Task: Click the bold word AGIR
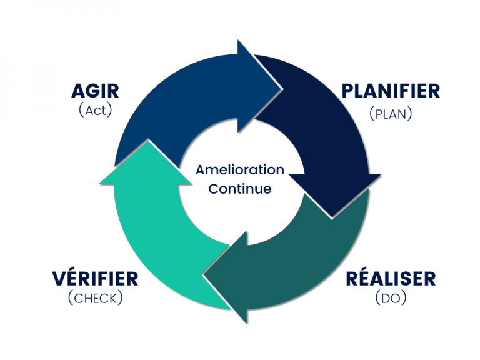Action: click(95, 91)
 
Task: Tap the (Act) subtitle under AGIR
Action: click(96, 110)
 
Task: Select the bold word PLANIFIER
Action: click(391, 91)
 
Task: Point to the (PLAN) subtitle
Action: click(391, 114)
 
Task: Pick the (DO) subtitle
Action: click(391, 298)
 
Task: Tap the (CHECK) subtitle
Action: click(95, 298)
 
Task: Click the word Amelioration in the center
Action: click(240, 169)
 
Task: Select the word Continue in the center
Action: click(240, 189)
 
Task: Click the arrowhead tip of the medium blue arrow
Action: click(281, 89)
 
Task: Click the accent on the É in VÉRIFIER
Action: click(74, 268)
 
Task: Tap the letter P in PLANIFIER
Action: click(347, 91)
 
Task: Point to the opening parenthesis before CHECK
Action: click(71, 298)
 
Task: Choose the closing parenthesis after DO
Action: click(404, 298)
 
